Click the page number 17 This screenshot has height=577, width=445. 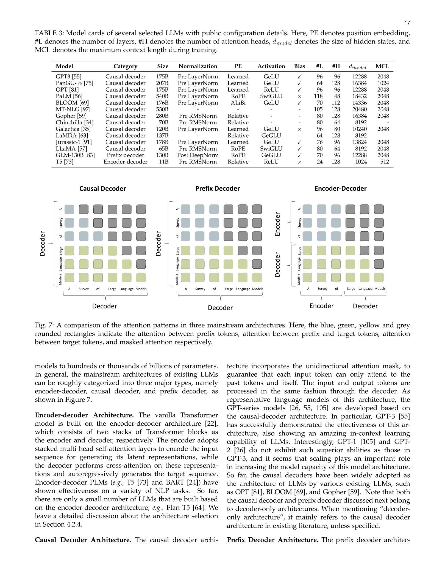tap(407, 23)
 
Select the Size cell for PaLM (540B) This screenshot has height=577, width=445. tap(162, 96)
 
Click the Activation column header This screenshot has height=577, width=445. tap(271, 66)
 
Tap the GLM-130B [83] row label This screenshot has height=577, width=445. tap(75, 155)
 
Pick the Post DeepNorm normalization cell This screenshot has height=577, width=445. tap(198, 155)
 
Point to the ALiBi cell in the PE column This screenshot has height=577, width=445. tap(238, 103)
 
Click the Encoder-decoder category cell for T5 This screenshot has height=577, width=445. tap(125, 162)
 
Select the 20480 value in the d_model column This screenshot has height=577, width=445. tap(359, 110)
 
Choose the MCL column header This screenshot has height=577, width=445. tap(382, 66)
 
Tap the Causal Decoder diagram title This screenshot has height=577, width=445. tap(102, 189)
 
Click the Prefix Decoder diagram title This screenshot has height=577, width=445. tap(217, 189)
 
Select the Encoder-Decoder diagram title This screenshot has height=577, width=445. tap(340, 189)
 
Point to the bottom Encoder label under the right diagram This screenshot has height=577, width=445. tap(321, 306)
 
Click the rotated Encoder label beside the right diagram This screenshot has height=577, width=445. tap(278, 224)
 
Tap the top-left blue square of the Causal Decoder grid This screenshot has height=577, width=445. tap(69, 209)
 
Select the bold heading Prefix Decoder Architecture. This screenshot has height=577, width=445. tap(272, 540)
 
